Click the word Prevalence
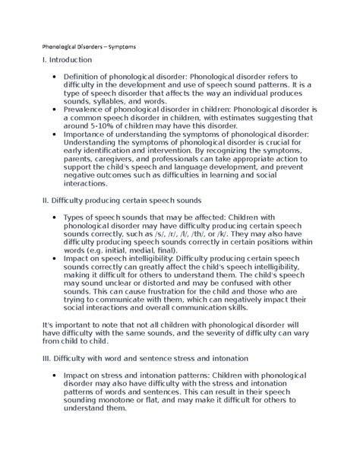pyautogui.click(x=90, y=109)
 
